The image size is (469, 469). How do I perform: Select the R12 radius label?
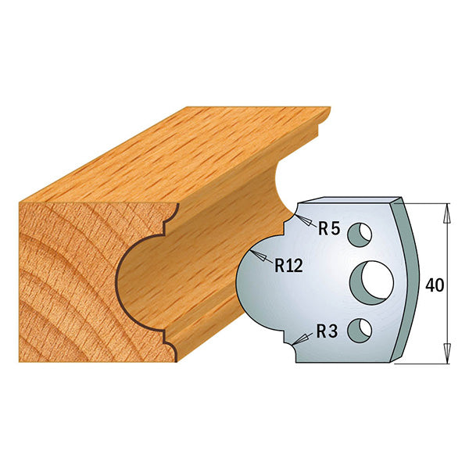(x=289, y=265)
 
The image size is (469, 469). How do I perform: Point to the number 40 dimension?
(x=435, y=285)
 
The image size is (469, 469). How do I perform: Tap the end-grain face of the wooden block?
(x=63, y=281)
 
